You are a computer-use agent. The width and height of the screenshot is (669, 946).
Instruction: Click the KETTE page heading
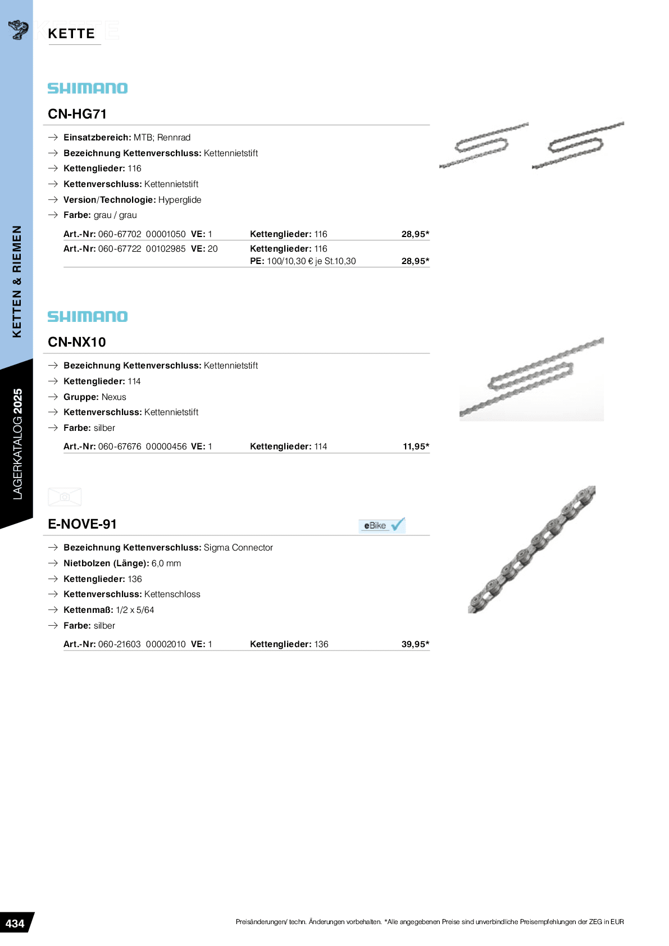pos(71,34)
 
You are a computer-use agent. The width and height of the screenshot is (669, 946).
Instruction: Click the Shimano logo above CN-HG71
pos(88,88)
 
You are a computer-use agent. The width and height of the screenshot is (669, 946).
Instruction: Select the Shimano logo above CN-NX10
pos(88,317)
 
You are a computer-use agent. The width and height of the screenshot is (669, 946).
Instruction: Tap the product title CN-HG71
pos(78,114)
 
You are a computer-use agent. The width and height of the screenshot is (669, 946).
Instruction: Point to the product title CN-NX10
pos(77,342)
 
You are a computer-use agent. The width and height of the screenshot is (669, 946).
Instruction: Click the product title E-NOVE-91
pos(83,524)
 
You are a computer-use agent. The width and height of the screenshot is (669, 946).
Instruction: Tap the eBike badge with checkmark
pos(382,525)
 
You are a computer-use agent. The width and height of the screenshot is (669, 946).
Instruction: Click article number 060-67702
pos(120,234)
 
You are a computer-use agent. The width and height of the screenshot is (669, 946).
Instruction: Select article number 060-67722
pos(120,249)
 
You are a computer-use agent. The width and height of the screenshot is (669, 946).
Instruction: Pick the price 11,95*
pos(416,447)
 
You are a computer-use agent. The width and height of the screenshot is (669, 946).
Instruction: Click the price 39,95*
pos(415,644)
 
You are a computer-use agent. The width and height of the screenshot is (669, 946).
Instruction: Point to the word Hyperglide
pos(180,200)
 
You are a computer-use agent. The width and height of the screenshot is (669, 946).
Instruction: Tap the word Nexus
pos(114,397)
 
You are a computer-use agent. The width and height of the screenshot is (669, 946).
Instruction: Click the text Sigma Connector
pos(238,548)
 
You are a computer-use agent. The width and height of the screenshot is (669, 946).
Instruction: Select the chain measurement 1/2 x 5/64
pos(135,610)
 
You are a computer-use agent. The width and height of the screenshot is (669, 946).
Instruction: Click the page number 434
pos(15,924)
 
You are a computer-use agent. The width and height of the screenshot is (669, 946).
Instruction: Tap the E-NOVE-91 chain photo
pos(531,549)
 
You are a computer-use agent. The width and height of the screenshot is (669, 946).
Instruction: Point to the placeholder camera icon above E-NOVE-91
pos(65,497)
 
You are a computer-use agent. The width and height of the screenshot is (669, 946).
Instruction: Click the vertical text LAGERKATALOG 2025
pos(17,444)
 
